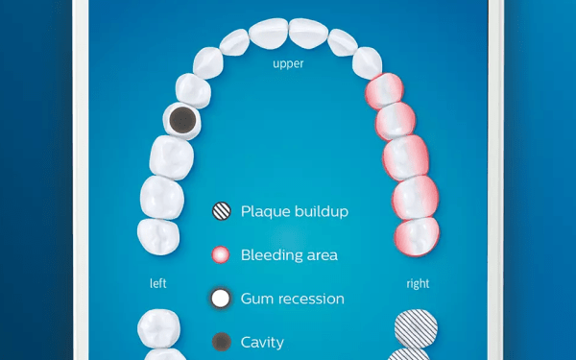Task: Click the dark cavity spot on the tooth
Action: [182, 120]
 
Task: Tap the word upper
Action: [288, 64]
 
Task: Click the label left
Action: [158, 283]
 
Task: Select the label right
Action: [418, 283]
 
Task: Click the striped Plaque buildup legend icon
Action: [222, 211]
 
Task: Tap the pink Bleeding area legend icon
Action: [221, 255]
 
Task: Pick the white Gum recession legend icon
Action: [221, 299]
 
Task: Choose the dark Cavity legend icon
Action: [222, 342]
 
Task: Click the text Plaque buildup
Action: [295, 211]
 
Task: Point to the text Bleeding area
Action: [289, 255]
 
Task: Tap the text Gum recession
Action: [293, 299]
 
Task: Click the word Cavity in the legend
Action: [262, 343]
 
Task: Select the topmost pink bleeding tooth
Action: [384, 91]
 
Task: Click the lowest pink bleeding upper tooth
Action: [417, 236]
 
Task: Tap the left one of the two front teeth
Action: [269, 34]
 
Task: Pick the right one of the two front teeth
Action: [308, 34]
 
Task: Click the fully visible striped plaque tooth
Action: [416, 328]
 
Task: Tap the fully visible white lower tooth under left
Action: [158, 328]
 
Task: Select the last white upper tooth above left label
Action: [158, 236]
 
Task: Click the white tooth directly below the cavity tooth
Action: [172, 157]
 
